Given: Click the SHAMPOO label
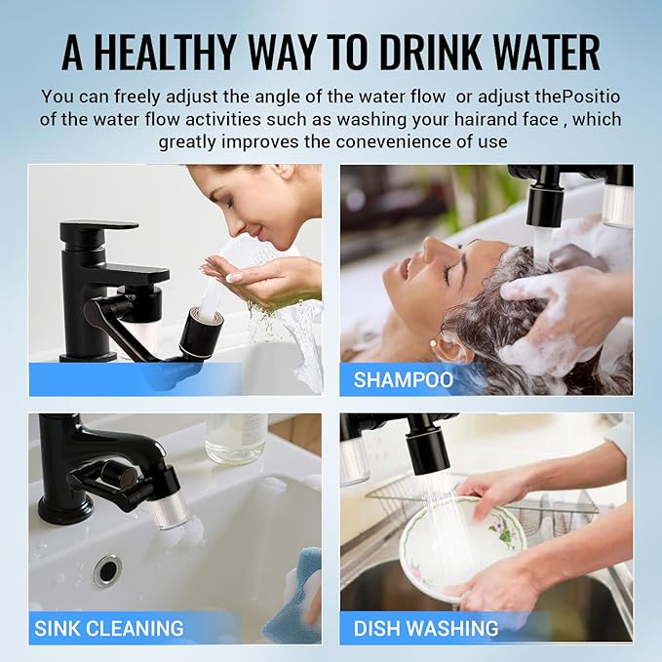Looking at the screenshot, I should point(403,379).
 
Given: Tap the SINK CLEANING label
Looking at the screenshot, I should point(108,628).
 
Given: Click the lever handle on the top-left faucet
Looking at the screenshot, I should point(98,231).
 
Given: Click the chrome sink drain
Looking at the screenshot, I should point(107,570).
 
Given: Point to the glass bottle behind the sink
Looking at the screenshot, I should point(235,438).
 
